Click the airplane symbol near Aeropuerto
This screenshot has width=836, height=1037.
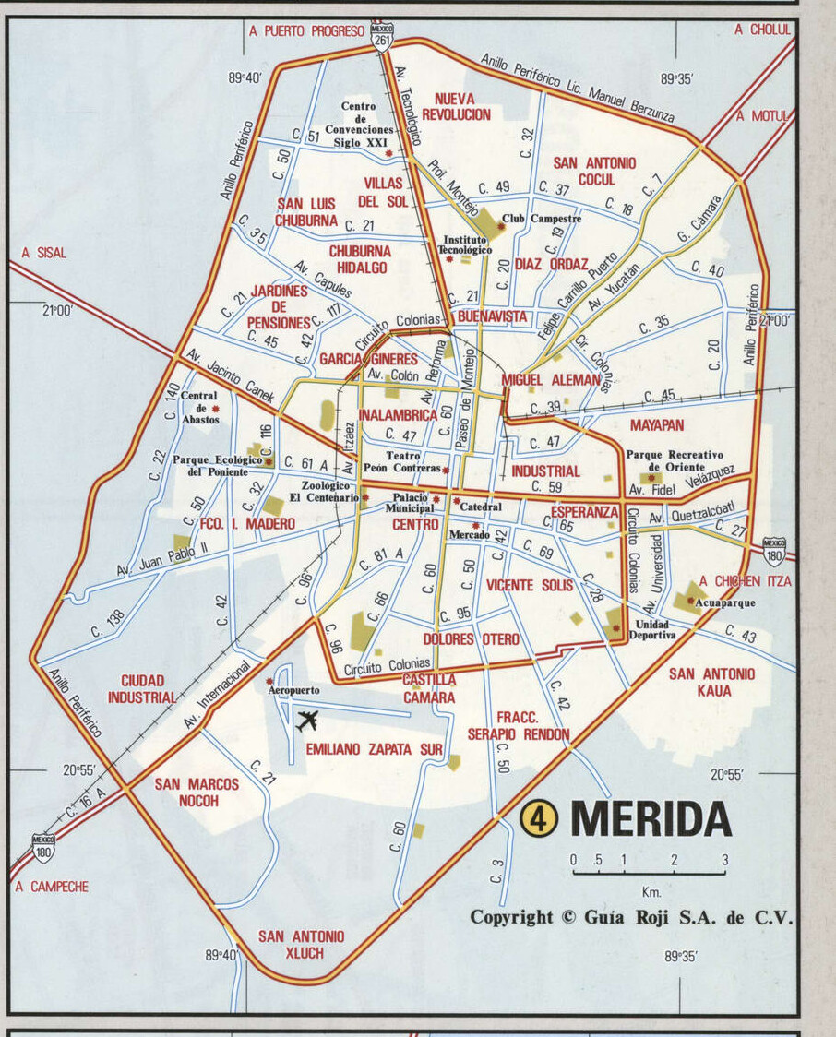click(x=307, y=721)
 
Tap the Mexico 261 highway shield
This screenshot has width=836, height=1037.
click(x=382, y=34)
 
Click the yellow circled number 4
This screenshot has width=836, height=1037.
click(x=539, y=818)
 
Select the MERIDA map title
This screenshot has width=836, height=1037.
click(x=651, y=818)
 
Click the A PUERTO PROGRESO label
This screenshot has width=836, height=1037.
click(x=307, y=30)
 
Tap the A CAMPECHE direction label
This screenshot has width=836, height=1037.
click(x=53, y=887)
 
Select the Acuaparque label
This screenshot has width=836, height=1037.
click(x=724, y=602)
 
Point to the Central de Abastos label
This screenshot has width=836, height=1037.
click(x=199, y=408)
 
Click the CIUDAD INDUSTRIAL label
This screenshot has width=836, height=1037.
click(x=142, y=689)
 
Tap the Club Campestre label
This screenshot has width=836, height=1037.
click(x=542, y=220)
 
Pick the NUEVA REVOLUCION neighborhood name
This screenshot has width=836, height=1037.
click(x=456, y=106)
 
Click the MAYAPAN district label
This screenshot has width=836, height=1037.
click(x=657, y=426)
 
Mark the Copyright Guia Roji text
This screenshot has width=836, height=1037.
click(x=631, y=917)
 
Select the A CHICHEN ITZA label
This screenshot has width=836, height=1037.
click(x=745, y=581)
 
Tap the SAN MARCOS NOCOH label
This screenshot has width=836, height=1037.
click(x=196, y=793)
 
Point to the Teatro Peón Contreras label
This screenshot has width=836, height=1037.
click(x=403, y=462)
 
